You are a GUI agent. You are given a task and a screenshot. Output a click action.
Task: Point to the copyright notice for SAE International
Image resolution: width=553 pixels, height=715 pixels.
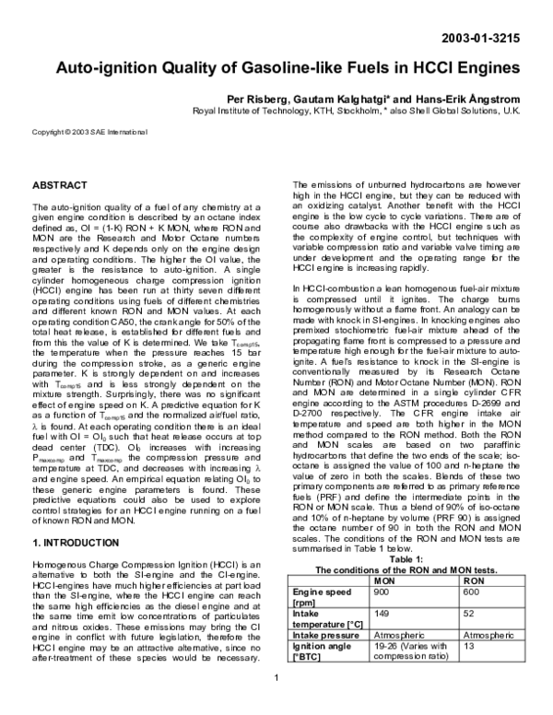pyautogui.click(x=96, y=133)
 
